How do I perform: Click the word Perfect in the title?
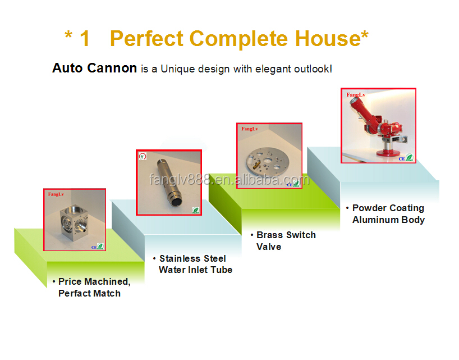point(147,38)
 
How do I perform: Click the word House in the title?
point(328,38)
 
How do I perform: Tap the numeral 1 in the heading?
point(85,38)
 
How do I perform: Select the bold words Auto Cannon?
point(95,68)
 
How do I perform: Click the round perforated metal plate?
point(268,162)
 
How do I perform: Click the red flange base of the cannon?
point(387,153)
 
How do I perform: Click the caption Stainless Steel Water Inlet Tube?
point(193,264)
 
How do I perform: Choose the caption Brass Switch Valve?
point(283,241)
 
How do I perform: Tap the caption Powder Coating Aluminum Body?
point(386,214)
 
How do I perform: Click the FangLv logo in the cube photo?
point(56,194)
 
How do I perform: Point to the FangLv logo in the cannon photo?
point(356,94)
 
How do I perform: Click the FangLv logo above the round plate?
point(250,129)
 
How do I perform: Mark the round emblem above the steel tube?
point(143,156)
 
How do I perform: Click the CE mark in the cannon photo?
point(402,159)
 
